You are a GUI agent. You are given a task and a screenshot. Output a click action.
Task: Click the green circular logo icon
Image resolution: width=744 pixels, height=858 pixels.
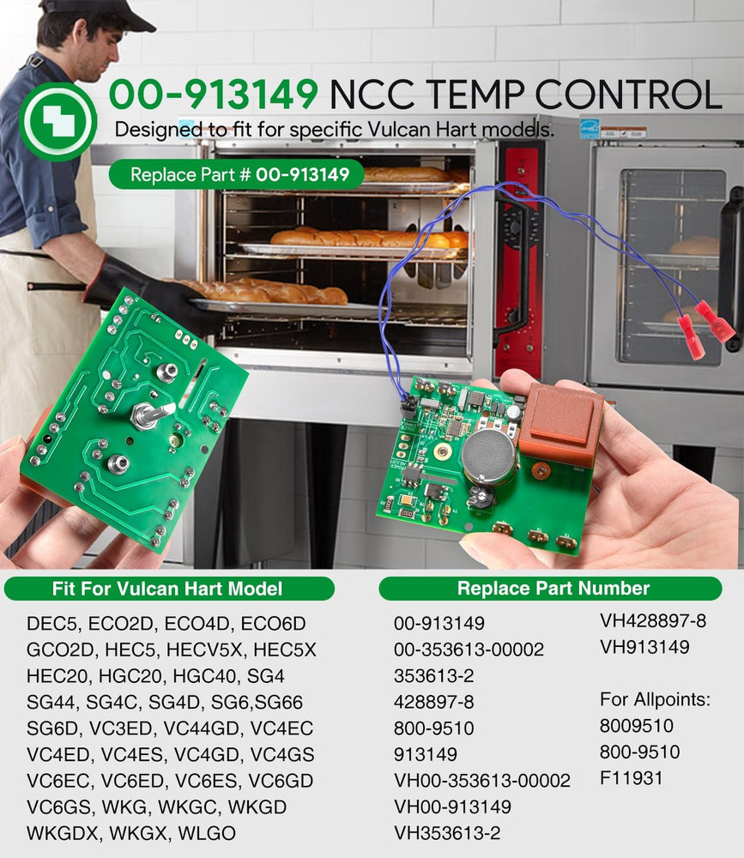click(57, 122)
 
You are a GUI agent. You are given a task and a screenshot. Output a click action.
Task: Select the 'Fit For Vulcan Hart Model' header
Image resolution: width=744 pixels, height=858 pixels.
click(169, 589)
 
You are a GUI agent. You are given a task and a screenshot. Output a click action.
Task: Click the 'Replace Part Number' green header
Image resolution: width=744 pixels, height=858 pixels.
click(553, 589)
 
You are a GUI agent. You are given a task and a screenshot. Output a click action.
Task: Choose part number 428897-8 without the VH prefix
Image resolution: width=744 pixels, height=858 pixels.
click(433, 701)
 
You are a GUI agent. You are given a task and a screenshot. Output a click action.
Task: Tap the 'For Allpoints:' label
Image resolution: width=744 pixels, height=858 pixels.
click(655, 700)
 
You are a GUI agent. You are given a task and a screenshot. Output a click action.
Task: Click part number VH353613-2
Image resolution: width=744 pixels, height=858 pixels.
click(447, 832)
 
